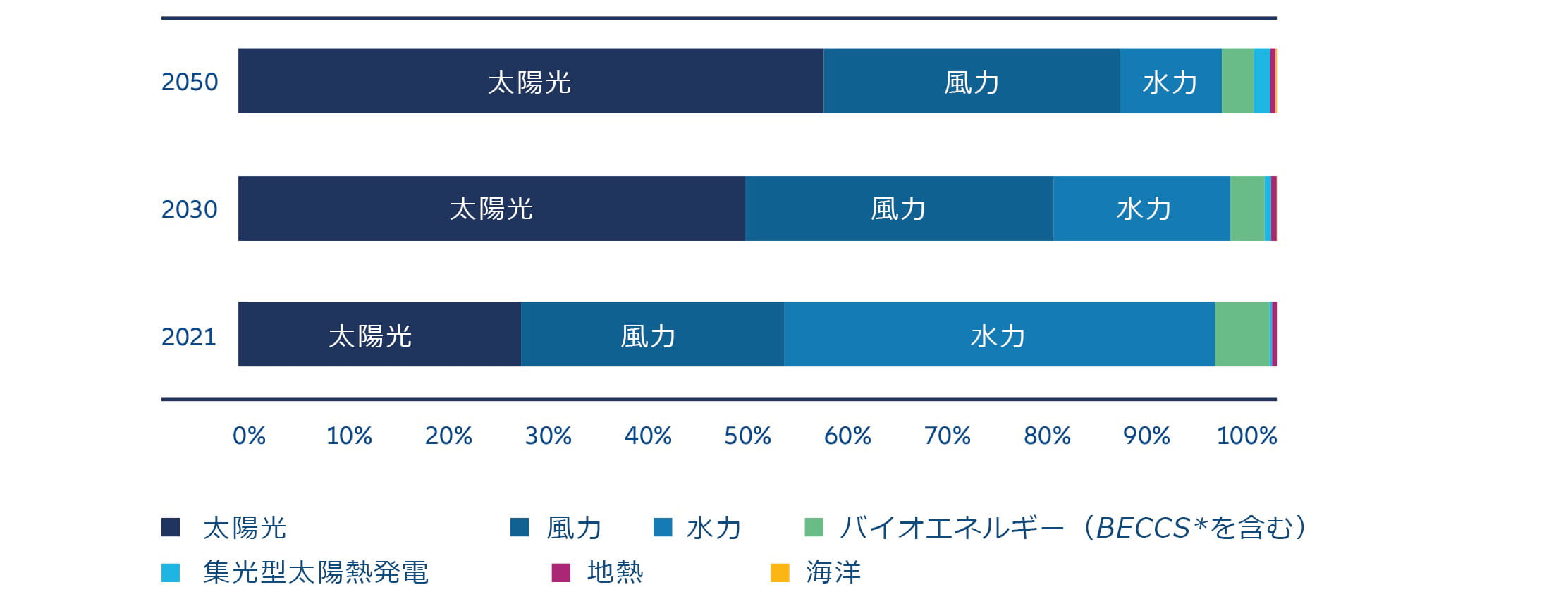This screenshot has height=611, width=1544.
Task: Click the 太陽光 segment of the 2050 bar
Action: [530, 81]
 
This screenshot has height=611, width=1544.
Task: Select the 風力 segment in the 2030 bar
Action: [899, 209]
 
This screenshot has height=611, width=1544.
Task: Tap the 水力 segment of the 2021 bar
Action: [998, 335]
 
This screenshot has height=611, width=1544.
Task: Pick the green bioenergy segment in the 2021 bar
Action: [1242, 335]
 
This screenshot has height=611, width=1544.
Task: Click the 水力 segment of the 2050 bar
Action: [1170, 81]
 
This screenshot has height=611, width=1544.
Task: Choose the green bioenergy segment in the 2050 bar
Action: [1237, 81]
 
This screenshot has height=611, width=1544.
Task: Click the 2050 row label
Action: [190, 82]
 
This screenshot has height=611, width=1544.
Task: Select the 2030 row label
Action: [190, 209]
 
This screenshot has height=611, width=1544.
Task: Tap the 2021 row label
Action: [189, 337]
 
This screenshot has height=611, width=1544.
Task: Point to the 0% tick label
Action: [249, 436]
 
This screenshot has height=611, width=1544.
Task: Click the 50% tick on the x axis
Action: [747, 436]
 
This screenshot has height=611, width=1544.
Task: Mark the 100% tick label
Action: [1246, 436]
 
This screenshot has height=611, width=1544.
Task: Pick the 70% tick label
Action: [947, 436]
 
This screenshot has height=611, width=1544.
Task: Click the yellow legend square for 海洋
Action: [780, 573]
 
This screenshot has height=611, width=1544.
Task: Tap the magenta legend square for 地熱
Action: [560, 573]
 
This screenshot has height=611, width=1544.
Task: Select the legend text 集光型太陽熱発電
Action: [315, 573]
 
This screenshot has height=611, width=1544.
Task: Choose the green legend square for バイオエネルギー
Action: [814, 527]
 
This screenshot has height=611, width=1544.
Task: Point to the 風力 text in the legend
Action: [574, 528]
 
